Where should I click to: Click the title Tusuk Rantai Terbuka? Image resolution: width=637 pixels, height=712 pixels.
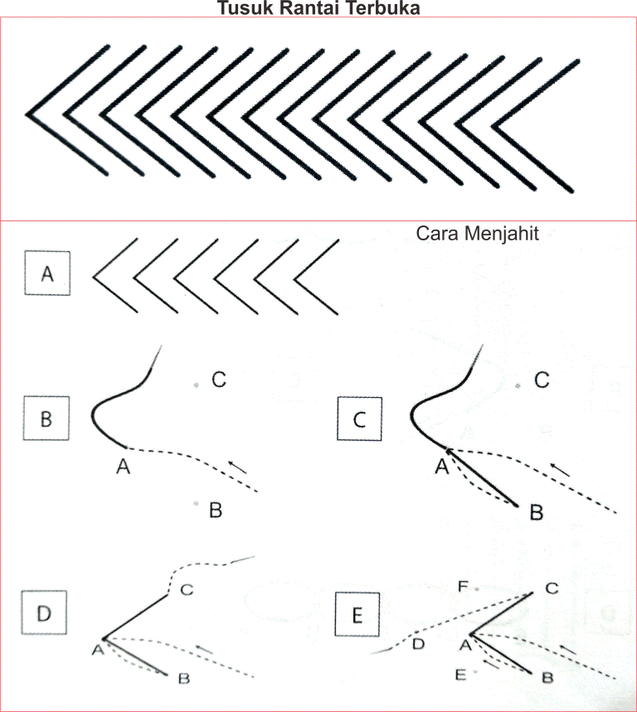(318, 9)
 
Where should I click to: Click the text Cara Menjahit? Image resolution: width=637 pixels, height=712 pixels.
(477, 234)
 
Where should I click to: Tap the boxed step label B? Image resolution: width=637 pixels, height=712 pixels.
(47, 419)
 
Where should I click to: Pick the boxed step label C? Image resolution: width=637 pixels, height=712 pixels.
(359, 419)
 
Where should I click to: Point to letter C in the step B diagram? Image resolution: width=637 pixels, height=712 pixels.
(219, 380)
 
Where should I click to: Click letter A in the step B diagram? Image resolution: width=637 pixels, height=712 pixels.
(124, 467)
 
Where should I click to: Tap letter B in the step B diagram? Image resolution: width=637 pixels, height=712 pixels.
(215, 511)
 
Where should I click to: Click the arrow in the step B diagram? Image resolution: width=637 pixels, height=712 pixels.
(237, 467)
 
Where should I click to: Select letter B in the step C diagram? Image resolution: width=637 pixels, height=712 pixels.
(536, 513)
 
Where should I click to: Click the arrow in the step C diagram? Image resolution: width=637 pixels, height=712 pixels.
(561, 469)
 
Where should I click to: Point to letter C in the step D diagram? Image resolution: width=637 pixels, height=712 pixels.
(187, 590)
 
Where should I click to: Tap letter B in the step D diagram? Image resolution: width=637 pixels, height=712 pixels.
(184, 678)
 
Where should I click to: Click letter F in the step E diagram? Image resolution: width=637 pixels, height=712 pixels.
(464, 588)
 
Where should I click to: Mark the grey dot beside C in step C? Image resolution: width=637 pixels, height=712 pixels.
(517, 386)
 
